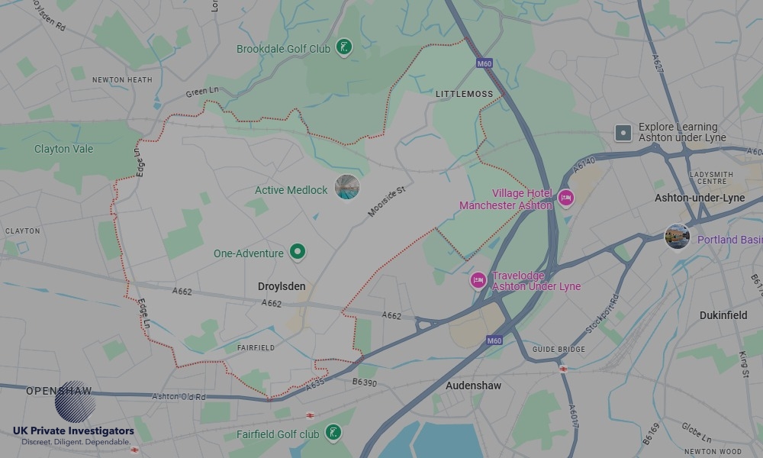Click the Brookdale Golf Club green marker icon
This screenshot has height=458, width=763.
[344, 48]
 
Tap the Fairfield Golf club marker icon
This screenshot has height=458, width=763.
[333, 434]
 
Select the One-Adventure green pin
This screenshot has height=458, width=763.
[298, 252]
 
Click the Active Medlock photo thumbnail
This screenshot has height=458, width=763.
[347, 187]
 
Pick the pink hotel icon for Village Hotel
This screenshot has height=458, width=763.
[565, 198]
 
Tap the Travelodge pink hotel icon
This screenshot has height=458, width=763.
[478, 280]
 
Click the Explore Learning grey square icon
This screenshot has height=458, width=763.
[623, 133]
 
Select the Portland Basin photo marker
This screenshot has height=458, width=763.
[677, 237]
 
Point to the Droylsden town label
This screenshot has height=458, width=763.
[282, 287]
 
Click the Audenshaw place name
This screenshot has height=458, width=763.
[473, 385]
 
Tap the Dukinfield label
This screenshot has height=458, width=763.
[723, 315]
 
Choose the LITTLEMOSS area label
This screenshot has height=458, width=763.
[465, 94]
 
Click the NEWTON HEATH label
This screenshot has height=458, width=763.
[122, 79]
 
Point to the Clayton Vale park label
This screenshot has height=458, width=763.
[63, 149]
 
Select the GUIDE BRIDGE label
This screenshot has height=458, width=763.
[559, 350]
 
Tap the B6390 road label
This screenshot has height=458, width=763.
[365, 382]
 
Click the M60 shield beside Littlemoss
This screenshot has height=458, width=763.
[484, 63]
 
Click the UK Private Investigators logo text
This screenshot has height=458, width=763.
[73, 431]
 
